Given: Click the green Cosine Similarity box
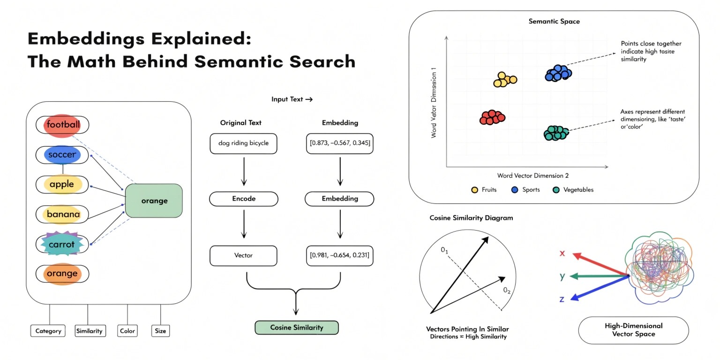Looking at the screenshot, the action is click(x=296, y=328).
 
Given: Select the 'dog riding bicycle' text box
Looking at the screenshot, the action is click(x=243, y=143).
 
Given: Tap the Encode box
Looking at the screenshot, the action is click(x=244, y=199).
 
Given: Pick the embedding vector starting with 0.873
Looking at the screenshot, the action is click(x=340, y=143).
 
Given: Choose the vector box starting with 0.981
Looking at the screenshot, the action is click(x=340, y=255).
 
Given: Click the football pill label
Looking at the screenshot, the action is click(x=62, y=125).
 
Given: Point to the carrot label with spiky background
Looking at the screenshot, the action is click(x=62, y=244).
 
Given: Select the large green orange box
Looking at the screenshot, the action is click(x=154, y=201).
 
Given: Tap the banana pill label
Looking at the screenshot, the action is click(x=62, y=214).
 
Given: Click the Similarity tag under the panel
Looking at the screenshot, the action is click(x=90, y=331).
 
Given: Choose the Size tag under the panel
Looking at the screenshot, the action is click(x=160, y=331).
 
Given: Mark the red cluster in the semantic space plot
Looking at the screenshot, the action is click(x=492, y=117).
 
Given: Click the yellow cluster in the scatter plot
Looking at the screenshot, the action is click(x=505, y=80).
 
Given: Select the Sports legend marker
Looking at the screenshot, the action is click(x=515, y=190).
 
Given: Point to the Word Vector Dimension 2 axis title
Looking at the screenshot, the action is click(x=533, y=175).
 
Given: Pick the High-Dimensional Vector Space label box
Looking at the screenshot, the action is click(x=634, y=330).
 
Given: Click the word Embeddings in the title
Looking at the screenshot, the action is click(x=87, y=39).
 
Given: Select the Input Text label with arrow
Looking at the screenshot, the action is click(x=292, y=99).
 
